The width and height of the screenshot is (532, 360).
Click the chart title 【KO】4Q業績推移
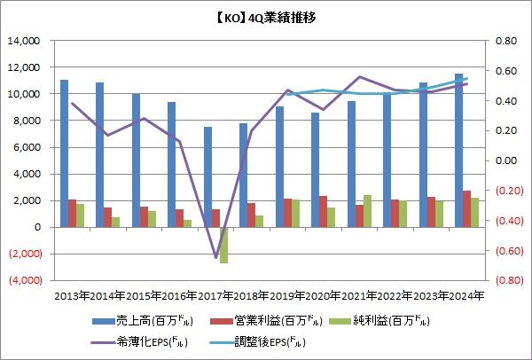pyautogui.click(x=265, y=17)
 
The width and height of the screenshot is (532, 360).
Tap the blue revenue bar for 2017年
pyautogui.click(x=207, y=176)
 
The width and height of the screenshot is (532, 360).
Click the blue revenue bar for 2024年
pyautogui.click(x=458, y=150)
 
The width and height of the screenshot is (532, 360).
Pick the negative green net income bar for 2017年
pyautogui.click(x=224, y=245)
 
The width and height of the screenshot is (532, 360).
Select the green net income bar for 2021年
pyautogui.click(x=367, y=211)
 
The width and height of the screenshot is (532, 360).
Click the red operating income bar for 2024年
pyautogui.click(x=467, y=208)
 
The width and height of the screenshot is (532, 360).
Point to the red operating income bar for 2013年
pyautogui.click(x=73, y=213)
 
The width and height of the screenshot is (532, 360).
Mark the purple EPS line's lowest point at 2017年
pyautogui.click(x=215, y=258)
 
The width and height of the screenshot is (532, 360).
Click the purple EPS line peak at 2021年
pyautogui.click(x=359, y=77)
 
